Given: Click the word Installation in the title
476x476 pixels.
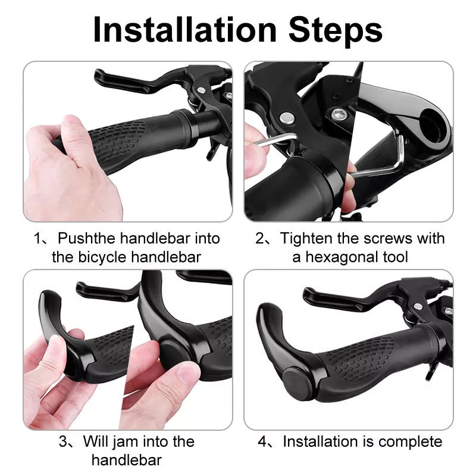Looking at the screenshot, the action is (x=184, y=29).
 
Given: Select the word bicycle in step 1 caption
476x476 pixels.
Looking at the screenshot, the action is (x=102, y=257).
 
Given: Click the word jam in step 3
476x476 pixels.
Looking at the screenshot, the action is (x=126, y=441).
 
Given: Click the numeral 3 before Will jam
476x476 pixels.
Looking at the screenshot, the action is (x=63, y=441).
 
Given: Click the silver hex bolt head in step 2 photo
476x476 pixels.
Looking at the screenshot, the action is (x=337, y=114).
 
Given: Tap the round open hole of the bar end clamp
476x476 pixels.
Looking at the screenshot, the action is (x=432, y=125).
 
